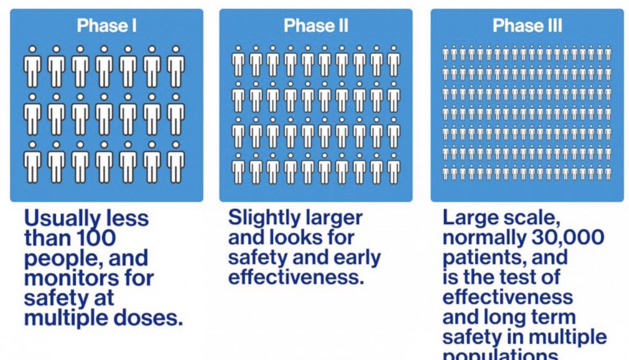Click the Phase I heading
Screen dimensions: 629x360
(106, 26)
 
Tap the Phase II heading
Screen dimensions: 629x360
(316, 26)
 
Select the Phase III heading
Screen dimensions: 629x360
(527, 26)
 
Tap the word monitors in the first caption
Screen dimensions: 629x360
(64, 278)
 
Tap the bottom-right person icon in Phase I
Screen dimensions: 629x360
(176, 162)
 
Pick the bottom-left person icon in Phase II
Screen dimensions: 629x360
(238, 168)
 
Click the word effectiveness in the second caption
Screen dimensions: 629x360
(296, 277)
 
